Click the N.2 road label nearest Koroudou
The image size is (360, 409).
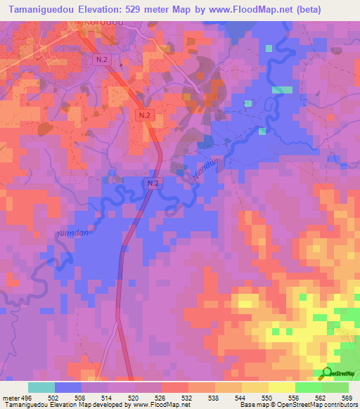click(x=101, y=60)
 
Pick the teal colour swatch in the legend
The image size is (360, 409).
click(x=41, y=388)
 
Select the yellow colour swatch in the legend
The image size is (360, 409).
click(x=281, y=388)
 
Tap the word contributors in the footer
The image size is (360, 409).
click(x=337, y=404)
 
